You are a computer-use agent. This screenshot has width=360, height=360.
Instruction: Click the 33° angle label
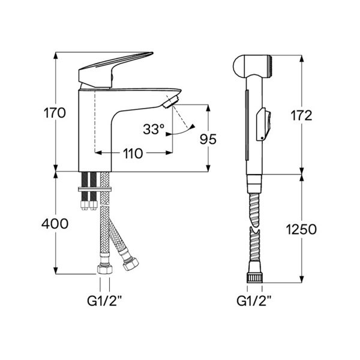(x=153, y=128)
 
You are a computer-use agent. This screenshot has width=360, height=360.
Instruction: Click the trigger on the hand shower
(x=262, y=124)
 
